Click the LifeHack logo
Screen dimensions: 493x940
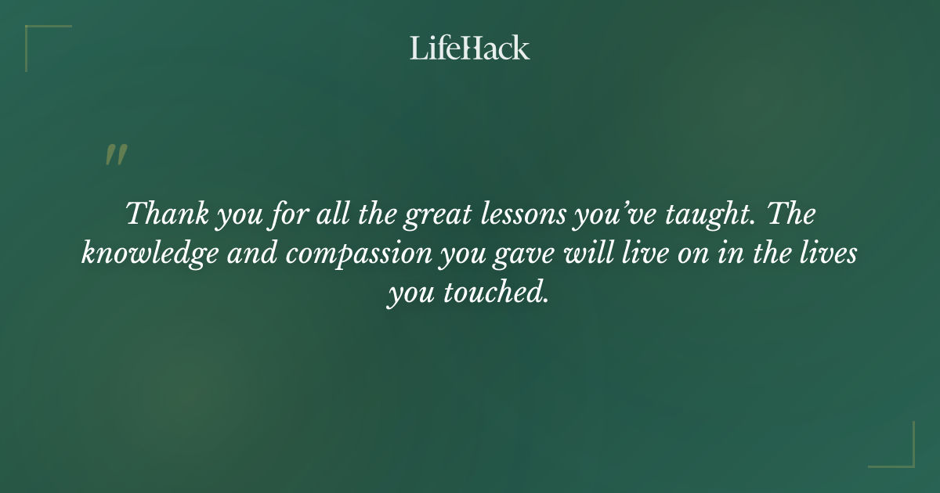click(x=470, y=49)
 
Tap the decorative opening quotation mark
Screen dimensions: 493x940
click(x=115, y=155)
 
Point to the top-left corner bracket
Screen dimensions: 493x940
click(x=39, y=38)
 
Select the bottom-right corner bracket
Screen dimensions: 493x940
click(x=901, y=454)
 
